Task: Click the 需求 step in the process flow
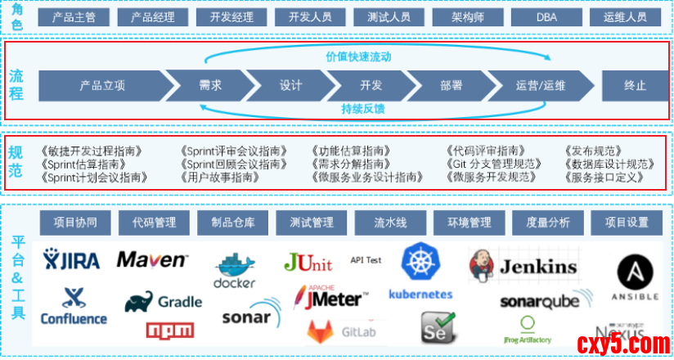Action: pyautogui.click(x=210, y=85)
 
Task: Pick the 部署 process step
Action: pyautogui.click(x=451, y=85)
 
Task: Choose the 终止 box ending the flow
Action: pyautogui.click(x=635, y=85)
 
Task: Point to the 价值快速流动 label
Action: pyautogui.click(x=358, y=56)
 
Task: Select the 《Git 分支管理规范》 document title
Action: pyautogui.click(x=494, y=164)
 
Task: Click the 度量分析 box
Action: pyautogui.click(x=548, y=223)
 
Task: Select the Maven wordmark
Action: pyautogui.click(x=151, y=260)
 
